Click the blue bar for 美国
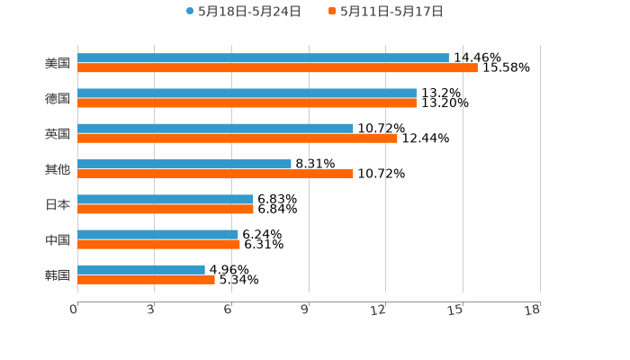[x=263, y=58]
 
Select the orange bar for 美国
[x=277, y=68]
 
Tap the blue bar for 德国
[x=247, y=94]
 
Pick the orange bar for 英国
[x=238, y=139]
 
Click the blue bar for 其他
[x=184, y=164]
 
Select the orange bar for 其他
[x=215, y=174]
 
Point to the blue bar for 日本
[x=166, y=199]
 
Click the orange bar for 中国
[x=158, y=244]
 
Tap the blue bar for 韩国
[x=141, y=269]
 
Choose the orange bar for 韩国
[x=146, y=280]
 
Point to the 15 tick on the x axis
[x=456, y=310]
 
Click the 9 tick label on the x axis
[x=304, y=310]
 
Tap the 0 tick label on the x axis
[x=74, y=310]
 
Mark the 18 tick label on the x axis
[x=533, y=310]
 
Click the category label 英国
[x=58, y=134]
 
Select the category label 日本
[x=58, y=204]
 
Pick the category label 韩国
[x=58, y=274]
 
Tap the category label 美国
[x=58, y=64]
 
